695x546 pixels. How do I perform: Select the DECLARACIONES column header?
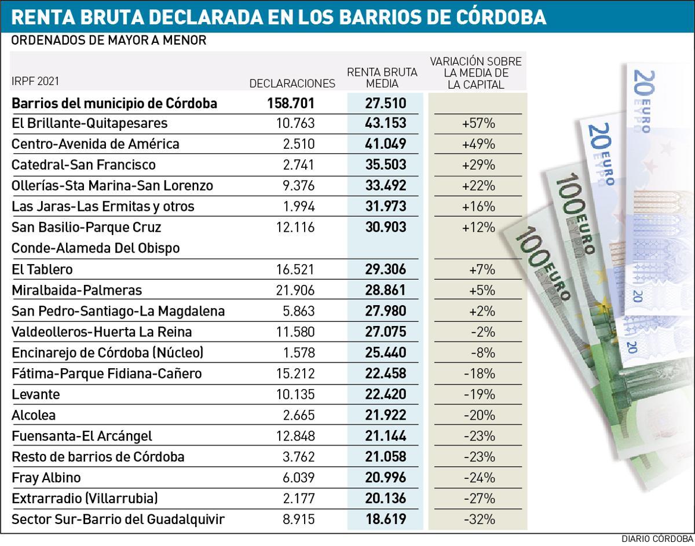point(292,83)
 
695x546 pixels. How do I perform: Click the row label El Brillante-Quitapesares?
point(90,123)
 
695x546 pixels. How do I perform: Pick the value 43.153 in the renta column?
point(385,123)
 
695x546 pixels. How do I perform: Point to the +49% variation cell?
point(478,144)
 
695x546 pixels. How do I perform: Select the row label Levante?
point(36,394)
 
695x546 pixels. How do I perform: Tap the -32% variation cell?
point(479,519)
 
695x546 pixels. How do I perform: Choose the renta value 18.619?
point(385,519)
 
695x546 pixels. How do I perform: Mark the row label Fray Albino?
point(46,478)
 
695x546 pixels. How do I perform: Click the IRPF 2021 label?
point(35,82)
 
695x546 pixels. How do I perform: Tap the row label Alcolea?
point(34,415)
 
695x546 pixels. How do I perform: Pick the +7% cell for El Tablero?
point(478,269)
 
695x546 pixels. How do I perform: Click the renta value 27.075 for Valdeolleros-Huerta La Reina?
point(385,332)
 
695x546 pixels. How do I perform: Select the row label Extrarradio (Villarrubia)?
point(85,499)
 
